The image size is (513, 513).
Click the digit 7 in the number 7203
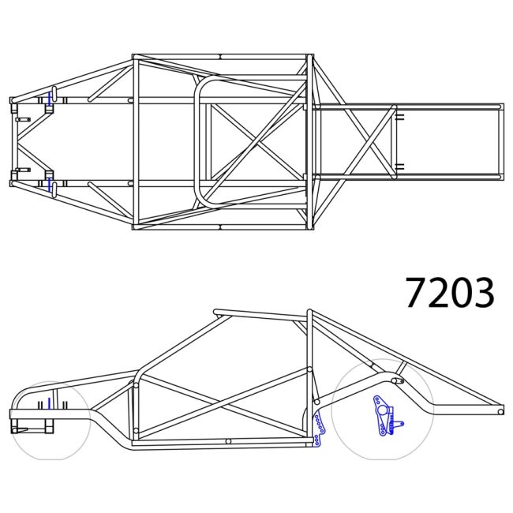tap(416, 293)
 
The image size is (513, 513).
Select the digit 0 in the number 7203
tap(461, 293)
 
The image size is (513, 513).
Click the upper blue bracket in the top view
tap(51, 99)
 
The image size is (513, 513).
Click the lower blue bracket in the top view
tap(51, 184)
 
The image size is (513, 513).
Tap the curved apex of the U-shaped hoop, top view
tap(197, 141)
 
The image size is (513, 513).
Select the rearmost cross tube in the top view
tap(500, 140)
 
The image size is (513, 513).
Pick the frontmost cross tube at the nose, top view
tap(12, 141)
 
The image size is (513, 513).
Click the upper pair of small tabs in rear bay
tap(400, 116)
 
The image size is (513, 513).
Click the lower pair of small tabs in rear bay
tap(400, 167)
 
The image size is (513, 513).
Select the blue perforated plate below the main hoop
tap(319, 427)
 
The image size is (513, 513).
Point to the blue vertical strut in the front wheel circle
tap(49, 404)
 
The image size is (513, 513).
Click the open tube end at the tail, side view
tap(500, 410)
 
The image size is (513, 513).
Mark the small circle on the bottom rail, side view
tap(227, 441)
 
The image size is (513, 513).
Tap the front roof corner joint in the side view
tap(217, 313)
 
